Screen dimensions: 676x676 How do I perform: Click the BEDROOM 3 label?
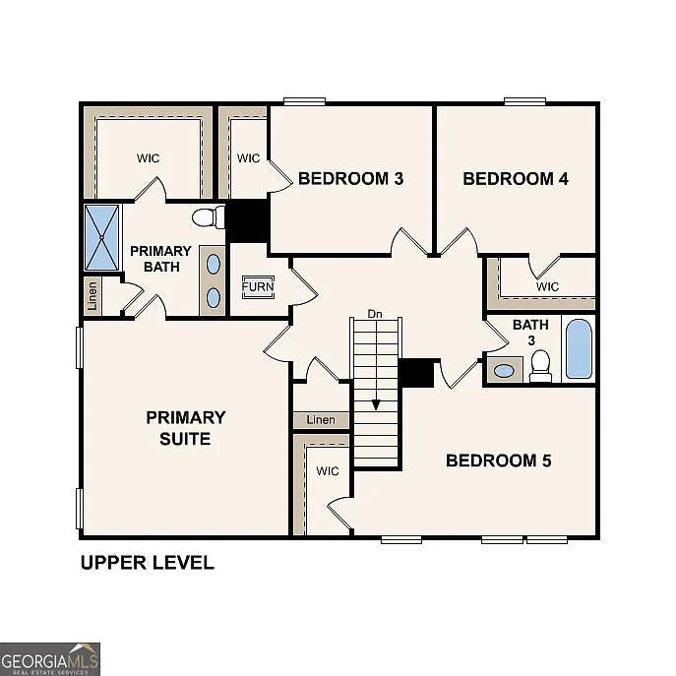[350, 179]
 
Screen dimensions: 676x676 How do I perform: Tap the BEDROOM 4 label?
[516, 179]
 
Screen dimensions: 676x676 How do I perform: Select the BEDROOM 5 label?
[499, 461]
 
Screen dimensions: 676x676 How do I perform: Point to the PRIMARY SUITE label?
[185, 428]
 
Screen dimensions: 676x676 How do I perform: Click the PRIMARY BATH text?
[160, 259]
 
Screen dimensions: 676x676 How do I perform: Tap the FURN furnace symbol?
[259, 287]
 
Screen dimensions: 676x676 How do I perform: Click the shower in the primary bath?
[101, 237]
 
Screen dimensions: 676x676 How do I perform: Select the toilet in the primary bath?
[206, 217]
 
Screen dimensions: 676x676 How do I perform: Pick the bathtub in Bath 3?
[579, 349]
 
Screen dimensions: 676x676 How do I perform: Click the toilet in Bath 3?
[540, 366]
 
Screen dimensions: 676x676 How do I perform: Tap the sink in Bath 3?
[504, 371]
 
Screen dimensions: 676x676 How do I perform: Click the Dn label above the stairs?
[374, 314]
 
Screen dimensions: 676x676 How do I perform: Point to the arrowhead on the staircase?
[375, 404]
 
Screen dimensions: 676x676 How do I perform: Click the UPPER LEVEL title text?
[147, 564]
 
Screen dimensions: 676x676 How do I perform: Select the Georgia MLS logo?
[50, 658]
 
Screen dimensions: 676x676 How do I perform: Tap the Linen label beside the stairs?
[321, 420]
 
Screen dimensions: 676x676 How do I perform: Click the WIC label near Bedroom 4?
[547, 286]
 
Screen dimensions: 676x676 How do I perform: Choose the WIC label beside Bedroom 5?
[328, 471]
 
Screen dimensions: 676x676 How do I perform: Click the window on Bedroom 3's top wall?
[305, 100]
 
